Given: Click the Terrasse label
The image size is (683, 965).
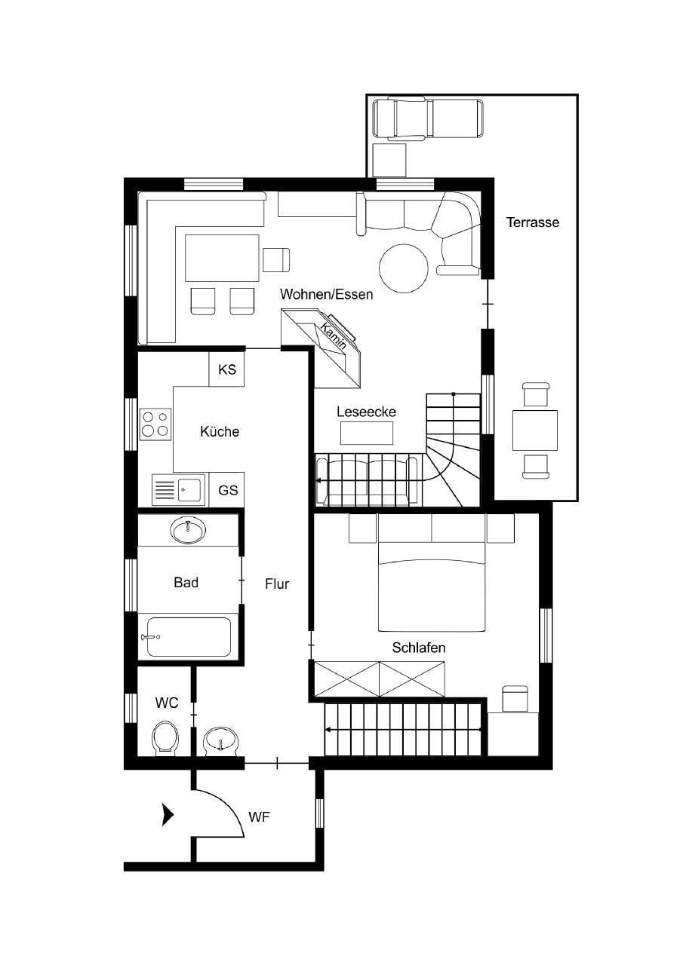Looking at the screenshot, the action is coord(533,222).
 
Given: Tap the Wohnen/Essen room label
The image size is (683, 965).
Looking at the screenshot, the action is coord(327,295).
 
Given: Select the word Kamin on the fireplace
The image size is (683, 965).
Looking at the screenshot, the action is coord(334,335).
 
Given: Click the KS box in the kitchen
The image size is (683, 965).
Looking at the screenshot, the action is coord(227,369).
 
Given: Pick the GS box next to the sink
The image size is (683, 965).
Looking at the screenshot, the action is coord(227,490).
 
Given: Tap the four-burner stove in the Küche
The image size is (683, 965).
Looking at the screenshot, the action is coord(155,424).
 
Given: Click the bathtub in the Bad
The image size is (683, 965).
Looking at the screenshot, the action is coord(189,637).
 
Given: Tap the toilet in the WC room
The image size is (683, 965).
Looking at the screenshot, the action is coord(165,737).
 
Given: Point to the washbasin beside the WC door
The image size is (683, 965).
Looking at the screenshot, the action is coord(220,741).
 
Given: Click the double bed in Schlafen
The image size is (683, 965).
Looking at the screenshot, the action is coord(432,587).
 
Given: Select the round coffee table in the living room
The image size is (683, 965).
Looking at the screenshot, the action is coord(404,268).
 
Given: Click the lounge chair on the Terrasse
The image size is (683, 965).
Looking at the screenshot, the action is coord(428,118).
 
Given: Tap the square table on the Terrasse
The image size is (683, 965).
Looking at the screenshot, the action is coord(534,430).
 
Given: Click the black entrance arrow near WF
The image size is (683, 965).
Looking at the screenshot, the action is coord(167,815).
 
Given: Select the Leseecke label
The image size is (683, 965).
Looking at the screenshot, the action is coord(366,412).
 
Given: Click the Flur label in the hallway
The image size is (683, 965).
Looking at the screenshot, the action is coord(277,584).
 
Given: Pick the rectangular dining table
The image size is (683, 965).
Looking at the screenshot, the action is coord(222,258).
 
